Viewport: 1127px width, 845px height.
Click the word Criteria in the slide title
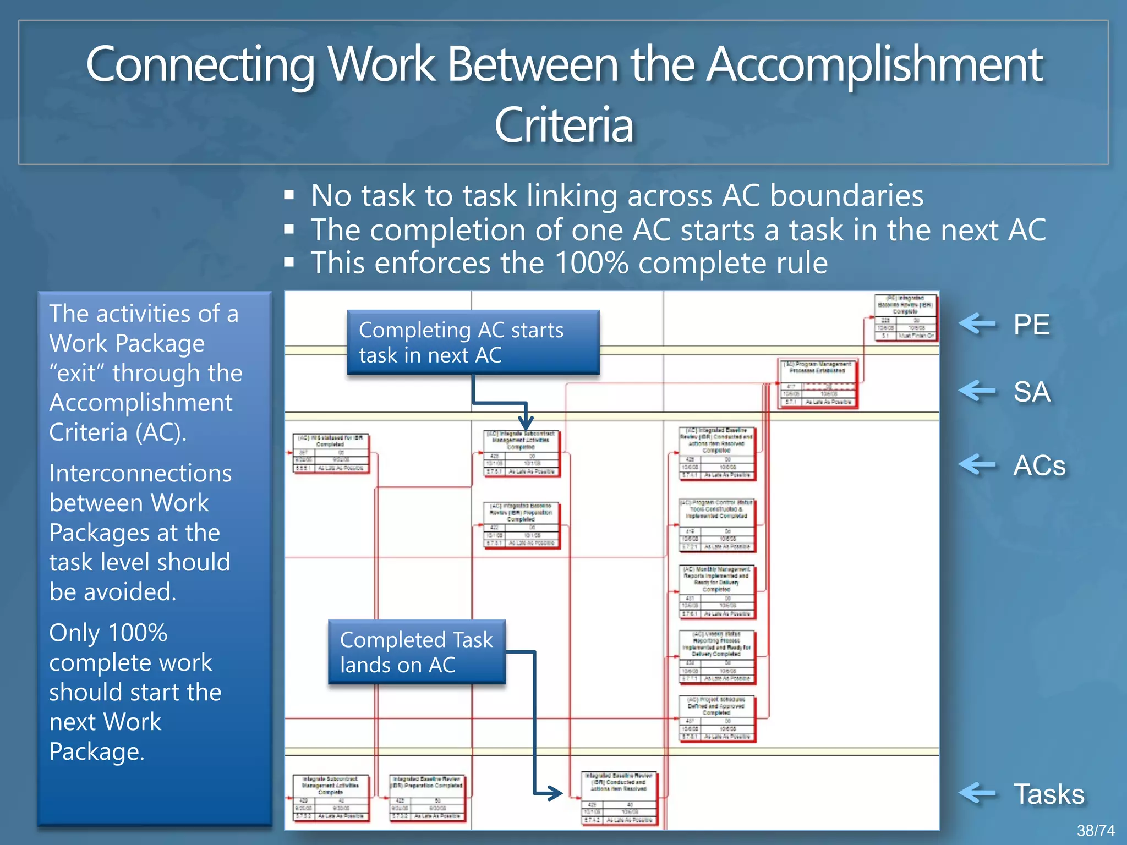tap(563, 125)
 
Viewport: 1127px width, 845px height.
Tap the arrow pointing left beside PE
tap(977, 324)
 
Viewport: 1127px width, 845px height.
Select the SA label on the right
tap(1032, 392)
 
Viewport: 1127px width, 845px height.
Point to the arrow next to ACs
tap(977, 465)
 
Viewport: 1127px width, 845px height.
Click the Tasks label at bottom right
tap(1049, 794)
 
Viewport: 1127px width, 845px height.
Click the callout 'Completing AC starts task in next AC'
tap(473, 342)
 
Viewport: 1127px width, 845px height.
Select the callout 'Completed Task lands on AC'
tap(417, 652)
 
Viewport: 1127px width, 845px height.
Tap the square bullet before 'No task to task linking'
tap(289, 195)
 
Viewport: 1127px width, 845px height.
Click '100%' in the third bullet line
tap(591, 263)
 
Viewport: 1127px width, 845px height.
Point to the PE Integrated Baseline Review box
tap(905, 317)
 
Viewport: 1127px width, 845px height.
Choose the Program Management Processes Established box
tap(818, 383)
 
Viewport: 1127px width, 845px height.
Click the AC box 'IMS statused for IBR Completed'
tap(330, 453)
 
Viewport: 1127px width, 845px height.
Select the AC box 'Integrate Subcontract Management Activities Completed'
tap(521, 453)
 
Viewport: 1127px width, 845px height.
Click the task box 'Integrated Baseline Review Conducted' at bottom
tap(619, 798)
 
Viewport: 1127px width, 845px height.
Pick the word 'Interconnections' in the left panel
tap(140, 474)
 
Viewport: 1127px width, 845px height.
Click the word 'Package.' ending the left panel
tap(97, 751)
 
